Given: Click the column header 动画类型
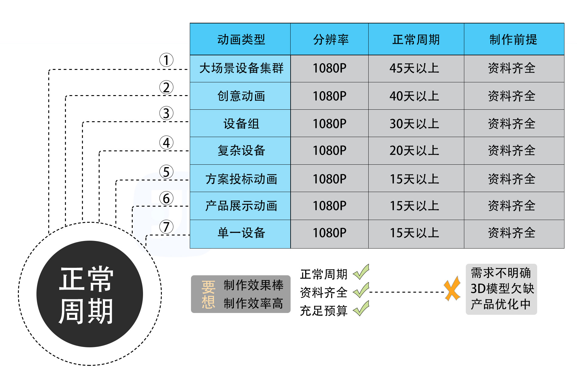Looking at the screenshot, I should pyautogui.click(x=241, y=40).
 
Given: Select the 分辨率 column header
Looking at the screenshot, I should pyautogui.click(x=330, y=40).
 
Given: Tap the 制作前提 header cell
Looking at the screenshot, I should pyautogui.click(x=513, y=40).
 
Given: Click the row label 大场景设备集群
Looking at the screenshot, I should pyautogui.click(x=241, y=68).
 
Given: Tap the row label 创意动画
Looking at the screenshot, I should pyautogui.click(x=241, y=96).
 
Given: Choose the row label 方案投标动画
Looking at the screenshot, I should pyautogui.click(x=241, y=179).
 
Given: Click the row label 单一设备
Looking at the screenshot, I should pyautogui.click(x=241, y=233).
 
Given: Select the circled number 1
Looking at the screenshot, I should pyautogui.click(x=166, y=60).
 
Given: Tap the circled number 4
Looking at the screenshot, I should pyautogui.click(x=166, y=143).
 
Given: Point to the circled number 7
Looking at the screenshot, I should pyautogui.click(x=166, y=227).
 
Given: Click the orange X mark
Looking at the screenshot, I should pyautogui.click(x=452, y=289).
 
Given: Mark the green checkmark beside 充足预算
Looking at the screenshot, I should pyautogui.click(x=361, y=308).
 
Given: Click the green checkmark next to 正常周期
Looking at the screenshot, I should pyautogui.click(x=361, y=272).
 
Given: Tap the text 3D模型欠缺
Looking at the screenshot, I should pyautogui.click(x=502, y=288).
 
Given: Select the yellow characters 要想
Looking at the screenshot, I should pyautogui.click(x=208, y=294).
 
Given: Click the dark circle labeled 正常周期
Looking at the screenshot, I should pyautogui.click(x=90, y=294).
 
